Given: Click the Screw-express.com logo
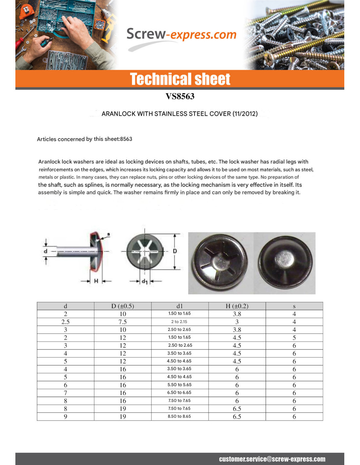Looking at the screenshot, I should coord(181,35).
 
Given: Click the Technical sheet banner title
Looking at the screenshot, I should coord(180,79).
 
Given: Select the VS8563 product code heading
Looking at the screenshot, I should coord(180,96).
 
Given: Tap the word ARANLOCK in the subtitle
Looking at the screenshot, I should coord(118,114).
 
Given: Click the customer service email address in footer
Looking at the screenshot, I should coord(272,459).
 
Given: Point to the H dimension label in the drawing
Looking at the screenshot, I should coord(96,281).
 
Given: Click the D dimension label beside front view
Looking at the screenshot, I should coord(175,251).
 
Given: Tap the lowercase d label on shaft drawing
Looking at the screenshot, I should coord(45,251).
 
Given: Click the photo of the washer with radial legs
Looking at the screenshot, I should coord(220,263).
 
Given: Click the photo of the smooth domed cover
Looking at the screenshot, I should coord(285,263).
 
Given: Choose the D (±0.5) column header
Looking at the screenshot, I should coord(122,306).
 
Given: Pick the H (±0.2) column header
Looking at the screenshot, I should coord(237,306).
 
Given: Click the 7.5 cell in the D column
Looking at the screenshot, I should coord(122,322).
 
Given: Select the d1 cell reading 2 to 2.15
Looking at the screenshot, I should coord(179,322).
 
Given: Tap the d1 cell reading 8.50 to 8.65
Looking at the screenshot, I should coord(179,416).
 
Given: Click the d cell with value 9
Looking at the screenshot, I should coord(65,416).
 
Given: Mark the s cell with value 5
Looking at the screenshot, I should coord(294,337).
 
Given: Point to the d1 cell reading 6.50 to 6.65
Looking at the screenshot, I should coord(179,392).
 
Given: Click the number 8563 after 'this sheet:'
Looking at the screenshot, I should coord(126,139).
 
